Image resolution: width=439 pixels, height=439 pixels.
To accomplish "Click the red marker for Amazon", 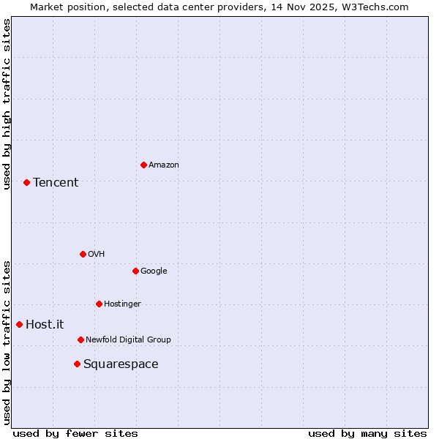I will tap(143, 165).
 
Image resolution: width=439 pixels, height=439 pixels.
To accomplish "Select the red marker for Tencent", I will tap(26, 182).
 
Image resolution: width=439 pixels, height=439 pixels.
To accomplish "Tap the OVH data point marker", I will tap(83, 254).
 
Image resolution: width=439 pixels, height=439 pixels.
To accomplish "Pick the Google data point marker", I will tap(135, 271).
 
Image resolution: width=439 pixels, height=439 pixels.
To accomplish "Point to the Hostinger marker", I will tap(99, 304).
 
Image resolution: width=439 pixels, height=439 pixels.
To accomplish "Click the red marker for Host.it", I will tap(19, 324).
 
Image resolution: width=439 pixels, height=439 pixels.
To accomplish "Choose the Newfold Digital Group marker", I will tap(80, 339).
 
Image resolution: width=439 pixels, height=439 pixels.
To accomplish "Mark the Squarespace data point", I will tap(77, 364).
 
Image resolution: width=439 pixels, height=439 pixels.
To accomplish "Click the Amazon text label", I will tap(164, 165).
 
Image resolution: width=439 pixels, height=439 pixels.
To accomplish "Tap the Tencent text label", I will tap(56, 183).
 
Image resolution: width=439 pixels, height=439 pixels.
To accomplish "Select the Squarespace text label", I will tap(121, 364).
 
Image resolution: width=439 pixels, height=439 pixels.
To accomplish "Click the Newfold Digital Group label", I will tap(128, 339).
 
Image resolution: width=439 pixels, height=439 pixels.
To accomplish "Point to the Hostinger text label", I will tap(122, 304).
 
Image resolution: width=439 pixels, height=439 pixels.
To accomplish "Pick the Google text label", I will tap(154, 271).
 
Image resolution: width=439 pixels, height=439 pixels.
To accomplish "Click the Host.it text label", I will tap(45, 325).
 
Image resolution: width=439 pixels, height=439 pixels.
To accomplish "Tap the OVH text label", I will tap(97, 255).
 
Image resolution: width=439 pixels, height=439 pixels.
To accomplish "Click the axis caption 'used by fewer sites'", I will tap(75, 433).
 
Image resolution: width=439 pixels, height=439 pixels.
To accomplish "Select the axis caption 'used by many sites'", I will tap(367, 433).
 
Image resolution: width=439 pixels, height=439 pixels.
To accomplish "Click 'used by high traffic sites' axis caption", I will tap(7, 104).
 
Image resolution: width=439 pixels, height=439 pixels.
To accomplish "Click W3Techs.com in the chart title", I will tap(372, 7).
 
